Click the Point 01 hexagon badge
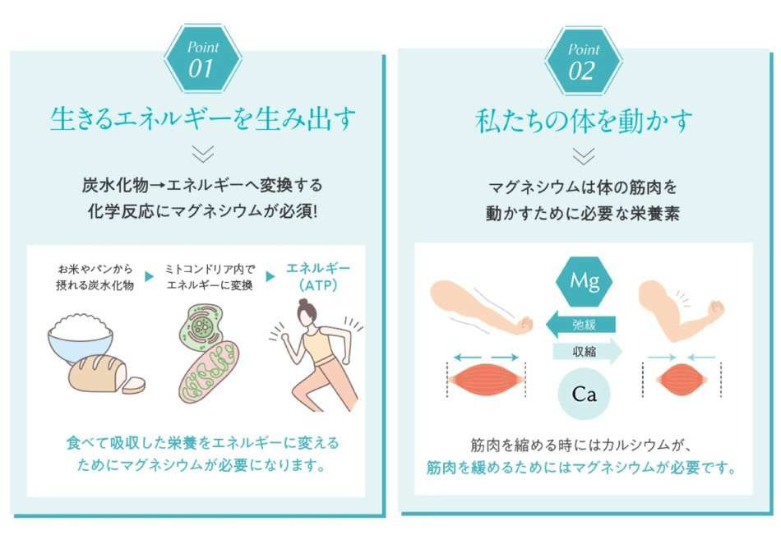coord(203,59)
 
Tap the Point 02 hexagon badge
coord(583,62)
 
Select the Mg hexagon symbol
coord(584,281)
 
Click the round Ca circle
coord(584,394)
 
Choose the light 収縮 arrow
coord(587,352)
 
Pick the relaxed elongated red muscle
coord(487,381)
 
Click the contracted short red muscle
coord(682,380)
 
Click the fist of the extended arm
coord(523,325)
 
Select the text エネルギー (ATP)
coord(318,277)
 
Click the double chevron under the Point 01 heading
coord(203,154)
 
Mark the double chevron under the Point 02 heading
coord(583,156)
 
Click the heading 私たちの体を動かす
coord(584,121)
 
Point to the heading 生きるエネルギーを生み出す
coord(203,119)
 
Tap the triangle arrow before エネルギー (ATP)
coord(270,276)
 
